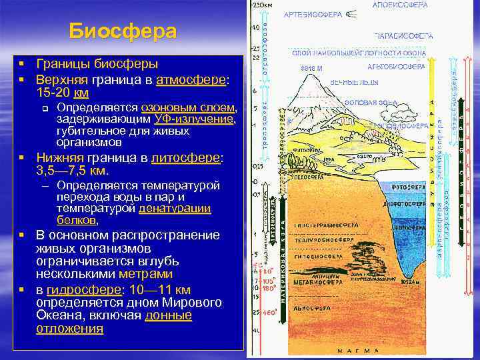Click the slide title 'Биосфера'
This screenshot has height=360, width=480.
point(123,31)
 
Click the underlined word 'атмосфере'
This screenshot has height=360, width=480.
point(191,80)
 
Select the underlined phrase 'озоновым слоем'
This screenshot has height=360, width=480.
point(187,107)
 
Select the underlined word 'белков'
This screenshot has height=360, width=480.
point(77,219)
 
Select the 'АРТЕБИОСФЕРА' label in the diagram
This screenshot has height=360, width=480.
point(313,14)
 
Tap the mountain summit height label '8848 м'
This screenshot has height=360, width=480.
point(311,67)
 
